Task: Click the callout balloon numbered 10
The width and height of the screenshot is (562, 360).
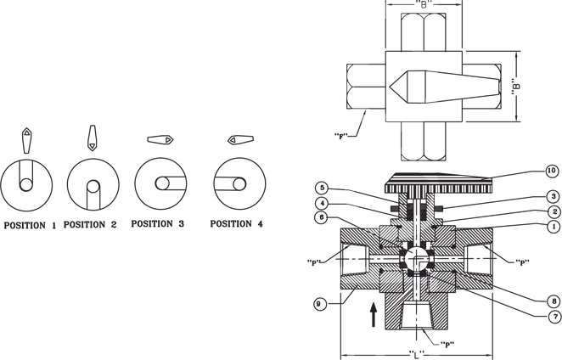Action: click(x=553, y=171)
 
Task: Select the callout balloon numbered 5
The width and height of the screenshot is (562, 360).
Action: click(x=322, y=188)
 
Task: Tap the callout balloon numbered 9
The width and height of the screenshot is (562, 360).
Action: click(x=319, y=305)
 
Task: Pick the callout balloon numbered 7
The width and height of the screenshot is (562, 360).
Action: click(x=555, y=317)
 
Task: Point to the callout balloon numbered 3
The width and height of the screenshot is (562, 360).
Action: click(x=554, y=196)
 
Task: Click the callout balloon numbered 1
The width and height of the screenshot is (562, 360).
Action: click(x=554, y=226)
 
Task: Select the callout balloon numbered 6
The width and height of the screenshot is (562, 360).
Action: click(x=322, y=217)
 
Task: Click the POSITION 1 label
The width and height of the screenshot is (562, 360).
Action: click(x=30, y=226)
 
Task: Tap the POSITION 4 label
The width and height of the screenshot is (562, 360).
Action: click(x=236, y=224)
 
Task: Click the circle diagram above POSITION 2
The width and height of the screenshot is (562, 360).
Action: click(x=93, y=184)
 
